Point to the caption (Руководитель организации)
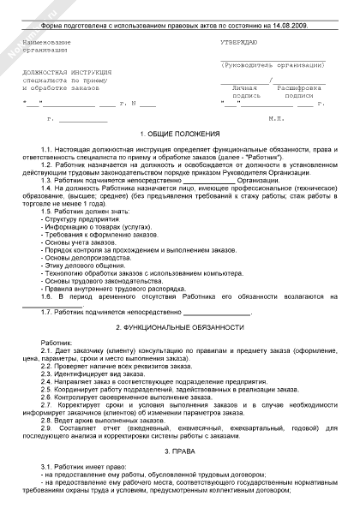tap(273, 64)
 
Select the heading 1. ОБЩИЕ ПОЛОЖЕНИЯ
tap(180, 134)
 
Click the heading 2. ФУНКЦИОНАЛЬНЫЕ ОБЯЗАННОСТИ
tap(180, 327)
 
